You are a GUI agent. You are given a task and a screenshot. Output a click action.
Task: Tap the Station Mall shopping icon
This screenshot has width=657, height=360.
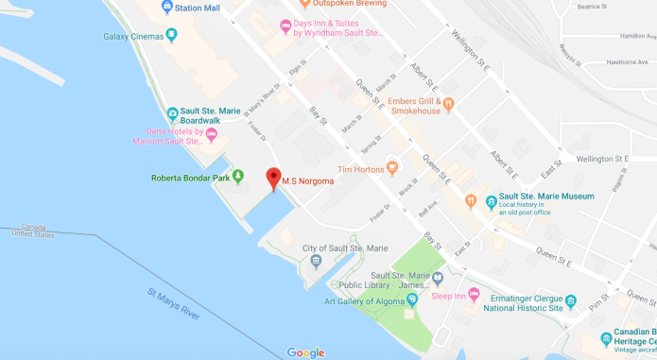coord(167,8)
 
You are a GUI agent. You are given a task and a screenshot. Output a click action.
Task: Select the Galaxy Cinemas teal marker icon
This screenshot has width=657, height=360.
coord(171,36)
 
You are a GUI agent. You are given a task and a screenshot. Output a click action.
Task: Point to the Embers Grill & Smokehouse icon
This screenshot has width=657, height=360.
coord(449,104)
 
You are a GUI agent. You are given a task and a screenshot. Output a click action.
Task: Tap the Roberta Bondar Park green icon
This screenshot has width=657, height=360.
coord(237,176)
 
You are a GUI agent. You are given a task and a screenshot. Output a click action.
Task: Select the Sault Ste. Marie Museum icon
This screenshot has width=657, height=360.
coord(491,201)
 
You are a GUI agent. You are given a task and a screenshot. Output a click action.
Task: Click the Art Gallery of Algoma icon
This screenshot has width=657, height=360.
coord(411,300)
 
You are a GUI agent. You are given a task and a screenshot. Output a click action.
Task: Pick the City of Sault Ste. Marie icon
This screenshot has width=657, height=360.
coord(316,261)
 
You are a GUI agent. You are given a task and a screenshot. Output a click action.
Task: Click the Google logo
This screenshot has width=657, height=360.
coord(305,352)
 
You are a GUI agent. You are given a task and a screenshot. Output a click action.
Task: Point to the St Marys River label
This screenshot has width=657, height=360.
coord(174,306)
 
